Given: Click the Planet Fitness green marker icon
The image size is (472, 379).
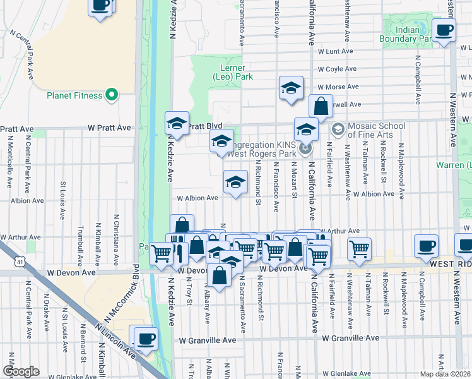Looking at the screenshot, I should tap(112, 95).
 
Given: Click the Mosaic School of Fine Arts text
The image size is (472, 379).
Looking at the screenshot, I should tap(370, 130).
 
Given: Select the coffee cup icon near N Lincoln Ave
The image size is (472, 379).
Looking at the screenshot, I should tap(145, 338).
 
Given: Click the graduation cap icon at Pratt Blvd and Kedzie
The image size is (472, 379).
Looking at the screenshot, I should tap(177, 124).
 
